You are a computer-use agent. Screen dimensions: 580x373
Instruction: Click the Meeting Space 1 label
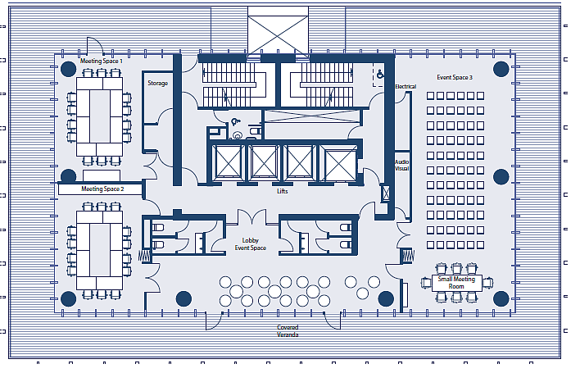click(x=101, y=61)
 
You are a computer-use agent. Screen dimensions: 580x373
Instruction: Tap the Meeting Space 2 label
click(x=102, y=189)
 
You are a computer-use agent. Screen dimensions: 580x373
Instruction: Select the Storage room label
click(x=158, y=84)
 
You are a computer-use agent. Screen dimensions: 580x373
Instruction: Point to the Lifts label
click(x=283, y=191)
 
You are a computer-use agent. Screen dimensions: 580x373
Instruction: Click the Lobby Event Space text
click(x=251, y=244)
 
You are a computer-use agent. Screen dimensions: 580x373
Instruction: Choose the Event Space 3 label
click(x=455, y=77)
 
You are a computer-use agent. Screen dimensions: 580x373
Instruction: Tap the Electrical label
click(x=406, y=87)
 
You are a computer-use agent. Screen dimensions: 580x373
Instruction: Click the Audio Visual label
click(x=401, y=166)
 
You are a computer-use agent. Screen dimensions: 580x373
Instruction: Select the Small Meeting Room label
click(x=456, y=283)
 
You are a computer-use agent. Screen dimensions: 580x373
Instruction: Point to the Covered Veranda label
click(x=288, y=331)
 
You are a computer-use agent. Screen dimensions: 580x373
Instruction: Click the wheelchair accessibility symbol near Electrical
click(x=380, y=75)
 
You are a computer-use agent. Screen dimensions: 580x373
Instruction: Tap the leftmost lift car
click(x=229, y=162)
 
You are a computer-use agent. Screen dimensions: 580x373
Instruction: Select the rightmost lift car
click(x=340, y=164)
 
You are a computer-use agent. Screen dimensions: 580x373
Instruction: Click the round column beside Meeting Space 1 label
click(x=69, y=69)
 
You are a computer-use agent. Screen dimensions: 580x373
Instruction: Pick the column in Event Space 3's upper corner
click(x=501, y=69)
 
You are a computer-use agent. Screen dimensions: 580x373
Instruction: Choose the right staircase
click(x=321, y=84)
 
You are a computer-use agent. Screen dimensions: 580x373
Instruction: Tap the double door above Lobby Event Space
click(x=251, y=217)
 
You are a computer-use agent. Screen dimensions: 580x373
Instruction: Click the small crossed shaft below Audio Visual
click(x=386, y=193)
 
